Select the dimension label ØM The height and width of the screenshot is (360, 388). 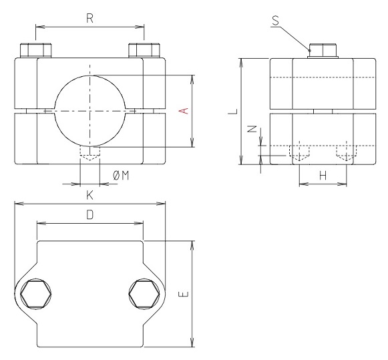[x=121, y=175]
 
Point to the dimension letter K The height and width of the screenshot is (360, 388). [x=89, y=196]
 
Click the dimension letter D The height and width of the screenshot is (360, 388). [x=89, y=215]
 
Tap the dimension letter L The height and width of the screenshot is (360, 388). [x=231, y=111]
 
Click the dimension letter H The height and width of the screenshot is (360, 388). [x=323, y=175]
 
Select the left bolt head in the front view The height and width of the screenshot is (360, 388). [x=36, y=51]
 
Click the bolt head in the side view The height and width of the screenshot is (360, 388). [x=323, y=51]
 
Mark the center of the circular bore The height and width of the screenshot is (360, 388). [x=90, y=110]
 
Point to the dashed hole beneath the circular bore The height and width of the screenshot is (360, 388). [x=89, y=154]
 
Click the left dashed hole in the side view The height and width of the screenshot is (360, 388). [x=301, y=153]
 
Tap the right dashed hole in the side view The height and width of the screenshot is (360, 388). [x=345, y=153]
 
